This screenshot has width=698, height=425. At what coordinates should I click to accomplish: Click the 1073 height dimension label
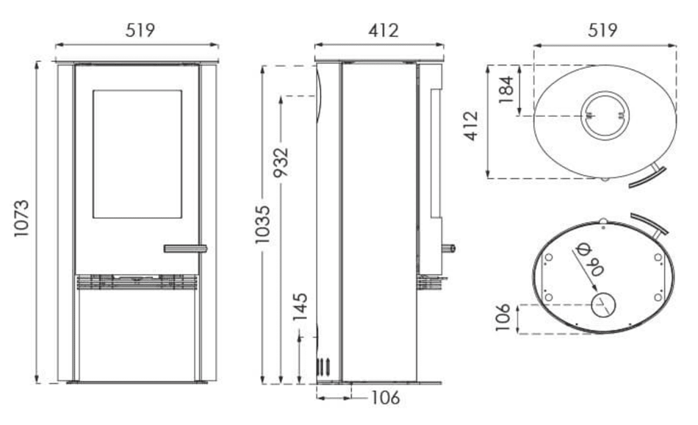(x=21, y=218)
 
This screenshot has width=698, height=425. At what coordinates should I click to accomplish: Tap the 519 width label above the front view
(x=140, y=30)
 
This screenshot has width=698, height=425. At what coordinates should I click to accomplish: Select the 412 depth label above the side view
(x=384, y=30)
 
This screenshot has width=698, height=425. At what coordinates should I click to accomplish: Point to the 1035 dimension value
(x=262, y=224)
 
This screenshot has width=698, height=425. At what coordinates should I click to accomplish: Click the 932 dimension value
(x=281, y=162)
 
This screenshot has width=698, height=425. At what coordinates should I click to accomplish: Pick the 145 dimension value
(x=300, y=307)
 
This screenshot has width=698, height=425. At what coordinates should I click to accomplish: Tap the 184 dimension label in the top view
(x=506, y=90)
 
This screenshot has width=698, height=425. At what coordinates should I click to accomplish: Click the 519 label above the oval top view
(x=602, y=30)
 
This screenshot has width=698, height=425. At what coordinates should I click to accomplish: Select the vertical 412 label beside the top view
(x=472, y=126)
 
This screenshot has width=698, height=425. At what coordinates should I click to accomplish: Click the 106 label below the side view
(x=386, y=397)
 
